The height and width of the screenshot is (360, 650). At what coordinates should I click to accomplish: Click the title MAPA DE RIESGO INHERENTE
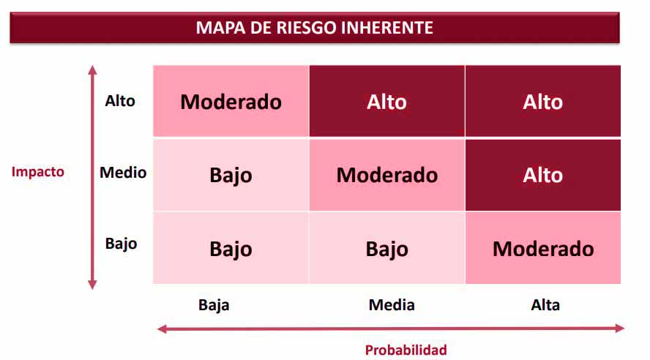(315, 28)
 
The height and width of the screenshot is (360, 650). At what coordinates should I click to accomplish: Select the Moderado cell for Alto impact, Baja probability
(231, 101)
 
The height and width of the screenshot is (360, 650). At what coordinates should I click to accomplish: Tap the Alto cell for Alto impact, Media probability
(386, 101)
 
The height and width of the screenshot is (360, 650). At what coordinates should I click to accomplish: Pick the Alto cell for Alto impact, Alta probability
(542, 101)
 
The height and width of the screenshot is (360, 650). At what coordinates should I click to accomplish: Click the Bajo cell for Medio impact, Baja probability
(231, 175)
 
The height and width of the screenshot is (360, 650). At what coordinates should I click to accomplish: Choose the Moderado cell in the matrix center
(386, 175)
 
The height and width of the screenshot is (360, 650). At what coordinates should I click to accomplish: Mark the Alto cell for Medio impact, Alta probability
(542, 175)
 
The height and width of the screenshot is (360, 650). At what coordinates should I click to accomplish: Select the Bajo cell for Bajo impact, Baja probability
(231, 248)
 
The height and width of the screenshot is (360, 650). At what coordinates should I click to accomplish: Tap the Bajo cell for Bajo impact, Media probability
(386, 248)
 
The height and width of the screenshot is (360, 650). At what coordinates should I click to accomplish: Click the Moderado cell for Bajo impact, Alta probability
(542, 248)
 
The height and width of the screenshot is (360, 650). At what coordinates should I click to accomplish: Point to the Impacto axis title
(38, 173)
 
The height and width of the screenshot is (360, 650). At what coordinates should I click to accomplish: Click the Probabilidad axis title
(406, 350)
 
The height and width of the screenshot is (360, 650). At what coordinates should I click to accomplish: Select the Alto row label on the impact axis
(120, 101)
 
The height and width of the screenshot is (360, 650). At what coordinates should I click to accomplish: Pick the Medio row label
(123, 173)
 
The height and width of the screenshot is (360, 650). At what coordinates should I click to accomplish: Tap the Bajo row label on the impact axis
(121, 244)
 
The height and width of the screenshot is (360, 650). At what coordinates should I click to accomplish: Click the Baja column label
(214, 305)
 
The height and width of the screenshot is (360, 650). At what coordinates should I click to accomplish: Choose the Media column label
(392, 305)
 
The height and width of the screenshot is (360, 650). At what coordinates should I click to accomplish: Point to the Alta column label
(545, 305)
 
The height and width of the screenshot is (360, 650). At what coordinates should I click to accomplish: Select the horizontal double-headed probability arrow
(391, 329)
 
